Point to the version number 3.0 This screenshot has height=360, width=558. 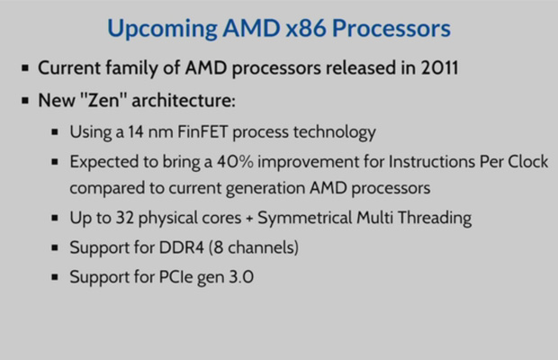(x=239, y=277)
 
